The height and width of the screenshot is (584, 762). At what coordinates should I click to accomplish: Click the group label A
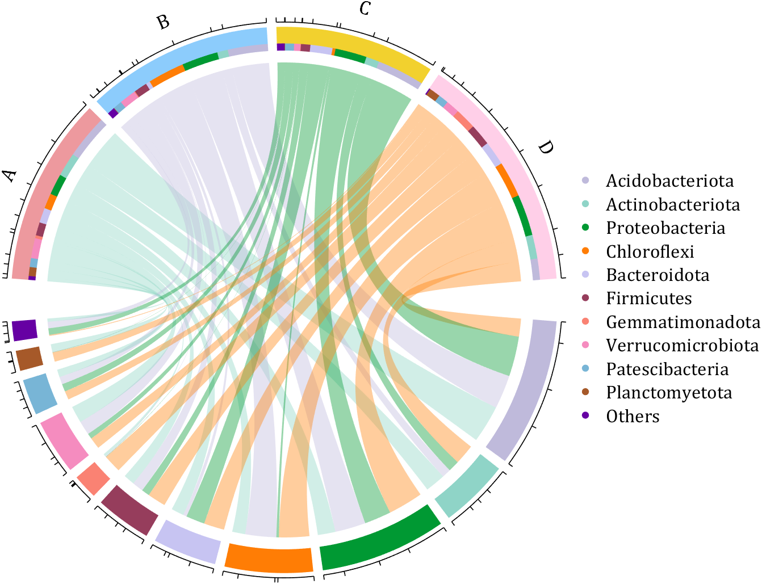(10, 175)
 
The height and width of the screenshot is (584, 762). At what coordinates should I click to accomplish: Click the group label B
(163, 22)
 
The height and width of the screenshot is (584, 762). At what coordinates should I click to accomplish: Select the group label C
(365, 9)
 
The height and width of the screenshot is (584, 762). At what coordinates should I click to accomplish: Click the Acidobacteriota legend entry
(669, 181)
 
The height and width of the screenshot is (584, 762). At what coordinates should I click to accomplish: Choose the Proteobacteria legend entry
(665, 228)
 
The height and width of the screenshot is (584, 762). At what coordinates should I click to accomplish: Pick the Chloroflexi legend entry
(650, 251)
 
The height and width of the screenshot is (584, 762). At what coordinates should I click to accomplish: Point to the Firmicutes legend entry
(648, 299)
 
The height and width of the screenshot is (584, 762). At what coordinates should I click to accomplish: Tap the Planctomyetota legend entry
(669, 393)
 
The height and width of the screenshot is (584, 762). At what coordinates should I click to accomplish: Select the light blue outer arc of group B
(187, 57)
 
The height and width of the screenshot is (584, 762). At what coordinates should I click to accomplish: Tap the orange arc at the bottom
(269, 558)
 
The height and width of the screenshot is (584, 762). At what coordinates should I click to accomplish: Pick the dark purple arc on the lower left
(24, 330)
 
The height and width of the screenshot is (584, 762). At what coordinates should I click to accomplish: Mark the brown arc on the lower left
(29, 358)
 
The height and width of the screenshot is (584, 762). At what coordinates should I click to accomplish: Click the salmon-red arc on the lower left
(93, 478)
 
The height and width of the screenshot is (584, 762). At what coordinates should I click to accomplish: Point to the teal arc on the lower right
(466, 491)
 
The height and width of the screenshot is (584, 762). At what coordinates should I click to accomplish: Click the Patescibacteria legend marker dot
(586, 369)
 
